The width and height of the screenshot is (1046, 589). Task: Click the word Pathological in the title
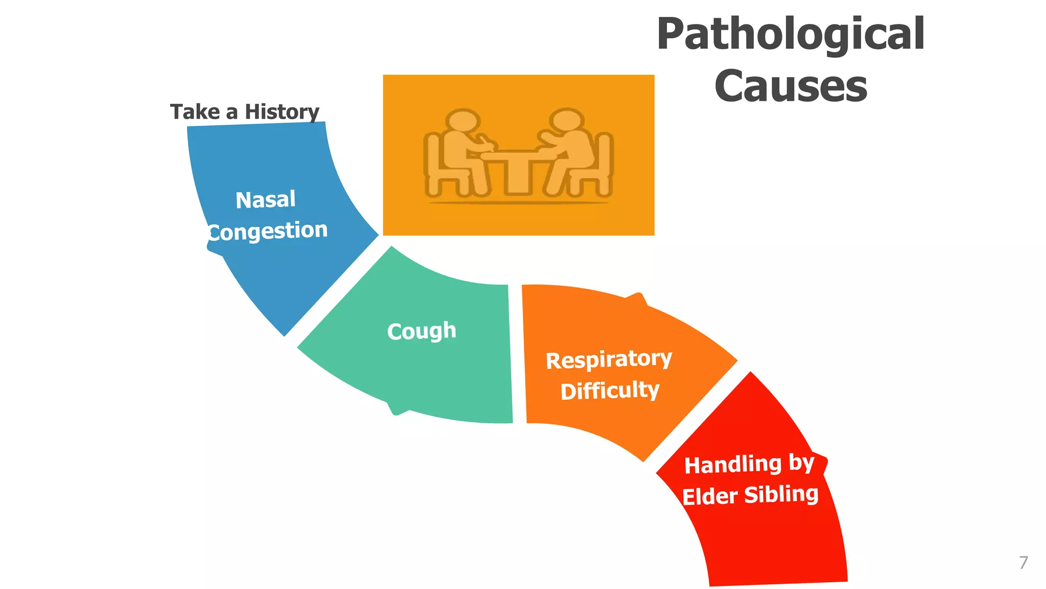[x=790, y=35]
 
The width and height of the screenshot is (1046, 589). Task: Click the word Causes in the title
[x=790, y=86]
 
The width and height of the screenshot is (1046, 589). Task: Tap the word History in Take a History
[x=281, y=112]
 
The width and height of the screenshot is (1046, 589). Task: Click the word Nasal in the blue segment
[x=266, y=199]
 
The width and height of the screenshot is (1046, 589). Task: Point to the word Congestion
[x=268, y=232]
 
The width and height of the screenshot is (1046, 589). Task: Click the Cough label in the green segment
[x=421, y=331]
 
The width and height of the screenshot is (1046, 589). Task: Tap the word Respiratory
[x=609, y=359]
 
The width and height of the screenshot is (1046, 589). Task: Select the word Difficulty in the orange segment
[x=610, y=391]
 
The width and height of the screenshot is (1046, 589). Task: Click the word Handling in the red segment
[x=732, y=465]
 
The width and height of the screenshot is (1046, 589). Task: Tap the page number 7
[x=1023, y=563]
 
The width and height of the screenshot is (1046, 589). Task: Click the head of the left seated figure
[x=462, y=121]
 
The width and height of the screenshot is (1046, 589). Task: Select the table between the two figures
[x=517, y=169]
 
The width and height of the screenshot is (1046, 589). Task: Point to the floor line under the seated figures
[x=518, y=203]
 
